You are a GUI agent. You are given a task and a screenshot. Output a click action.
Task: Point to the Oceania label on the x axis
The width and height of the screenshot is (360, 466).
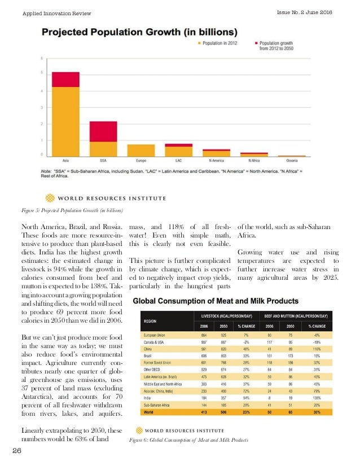coord(292,160)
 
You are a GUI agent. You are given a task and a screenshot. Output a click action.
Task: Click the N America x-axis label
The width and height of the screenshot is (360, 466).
coord(216,160)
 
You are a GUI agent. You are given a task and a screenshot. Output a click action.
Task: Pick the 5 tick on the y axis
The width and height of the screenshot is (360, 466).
coord(41,73)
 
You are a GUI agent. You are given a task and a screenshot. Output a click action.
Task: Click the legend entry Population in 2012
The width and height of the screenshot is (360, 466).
coord(219,42)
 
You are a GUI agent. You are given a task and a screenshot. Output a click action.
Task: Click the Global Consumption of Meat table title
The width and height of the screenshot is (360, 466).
coord(223,301)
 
